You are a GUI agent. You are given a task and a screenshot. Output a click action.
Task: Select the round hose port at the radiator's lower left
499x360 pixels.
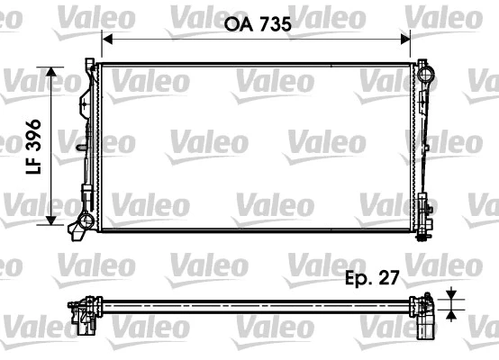[x=86, y=220]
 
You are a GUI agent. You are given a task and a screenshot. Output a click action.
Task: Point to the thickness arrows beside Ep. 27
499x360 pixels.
[x=450, y=302]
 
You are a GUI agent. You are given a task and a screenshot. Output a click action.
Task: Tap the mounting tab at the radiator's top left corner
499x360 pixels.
[x=89, y=65]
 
